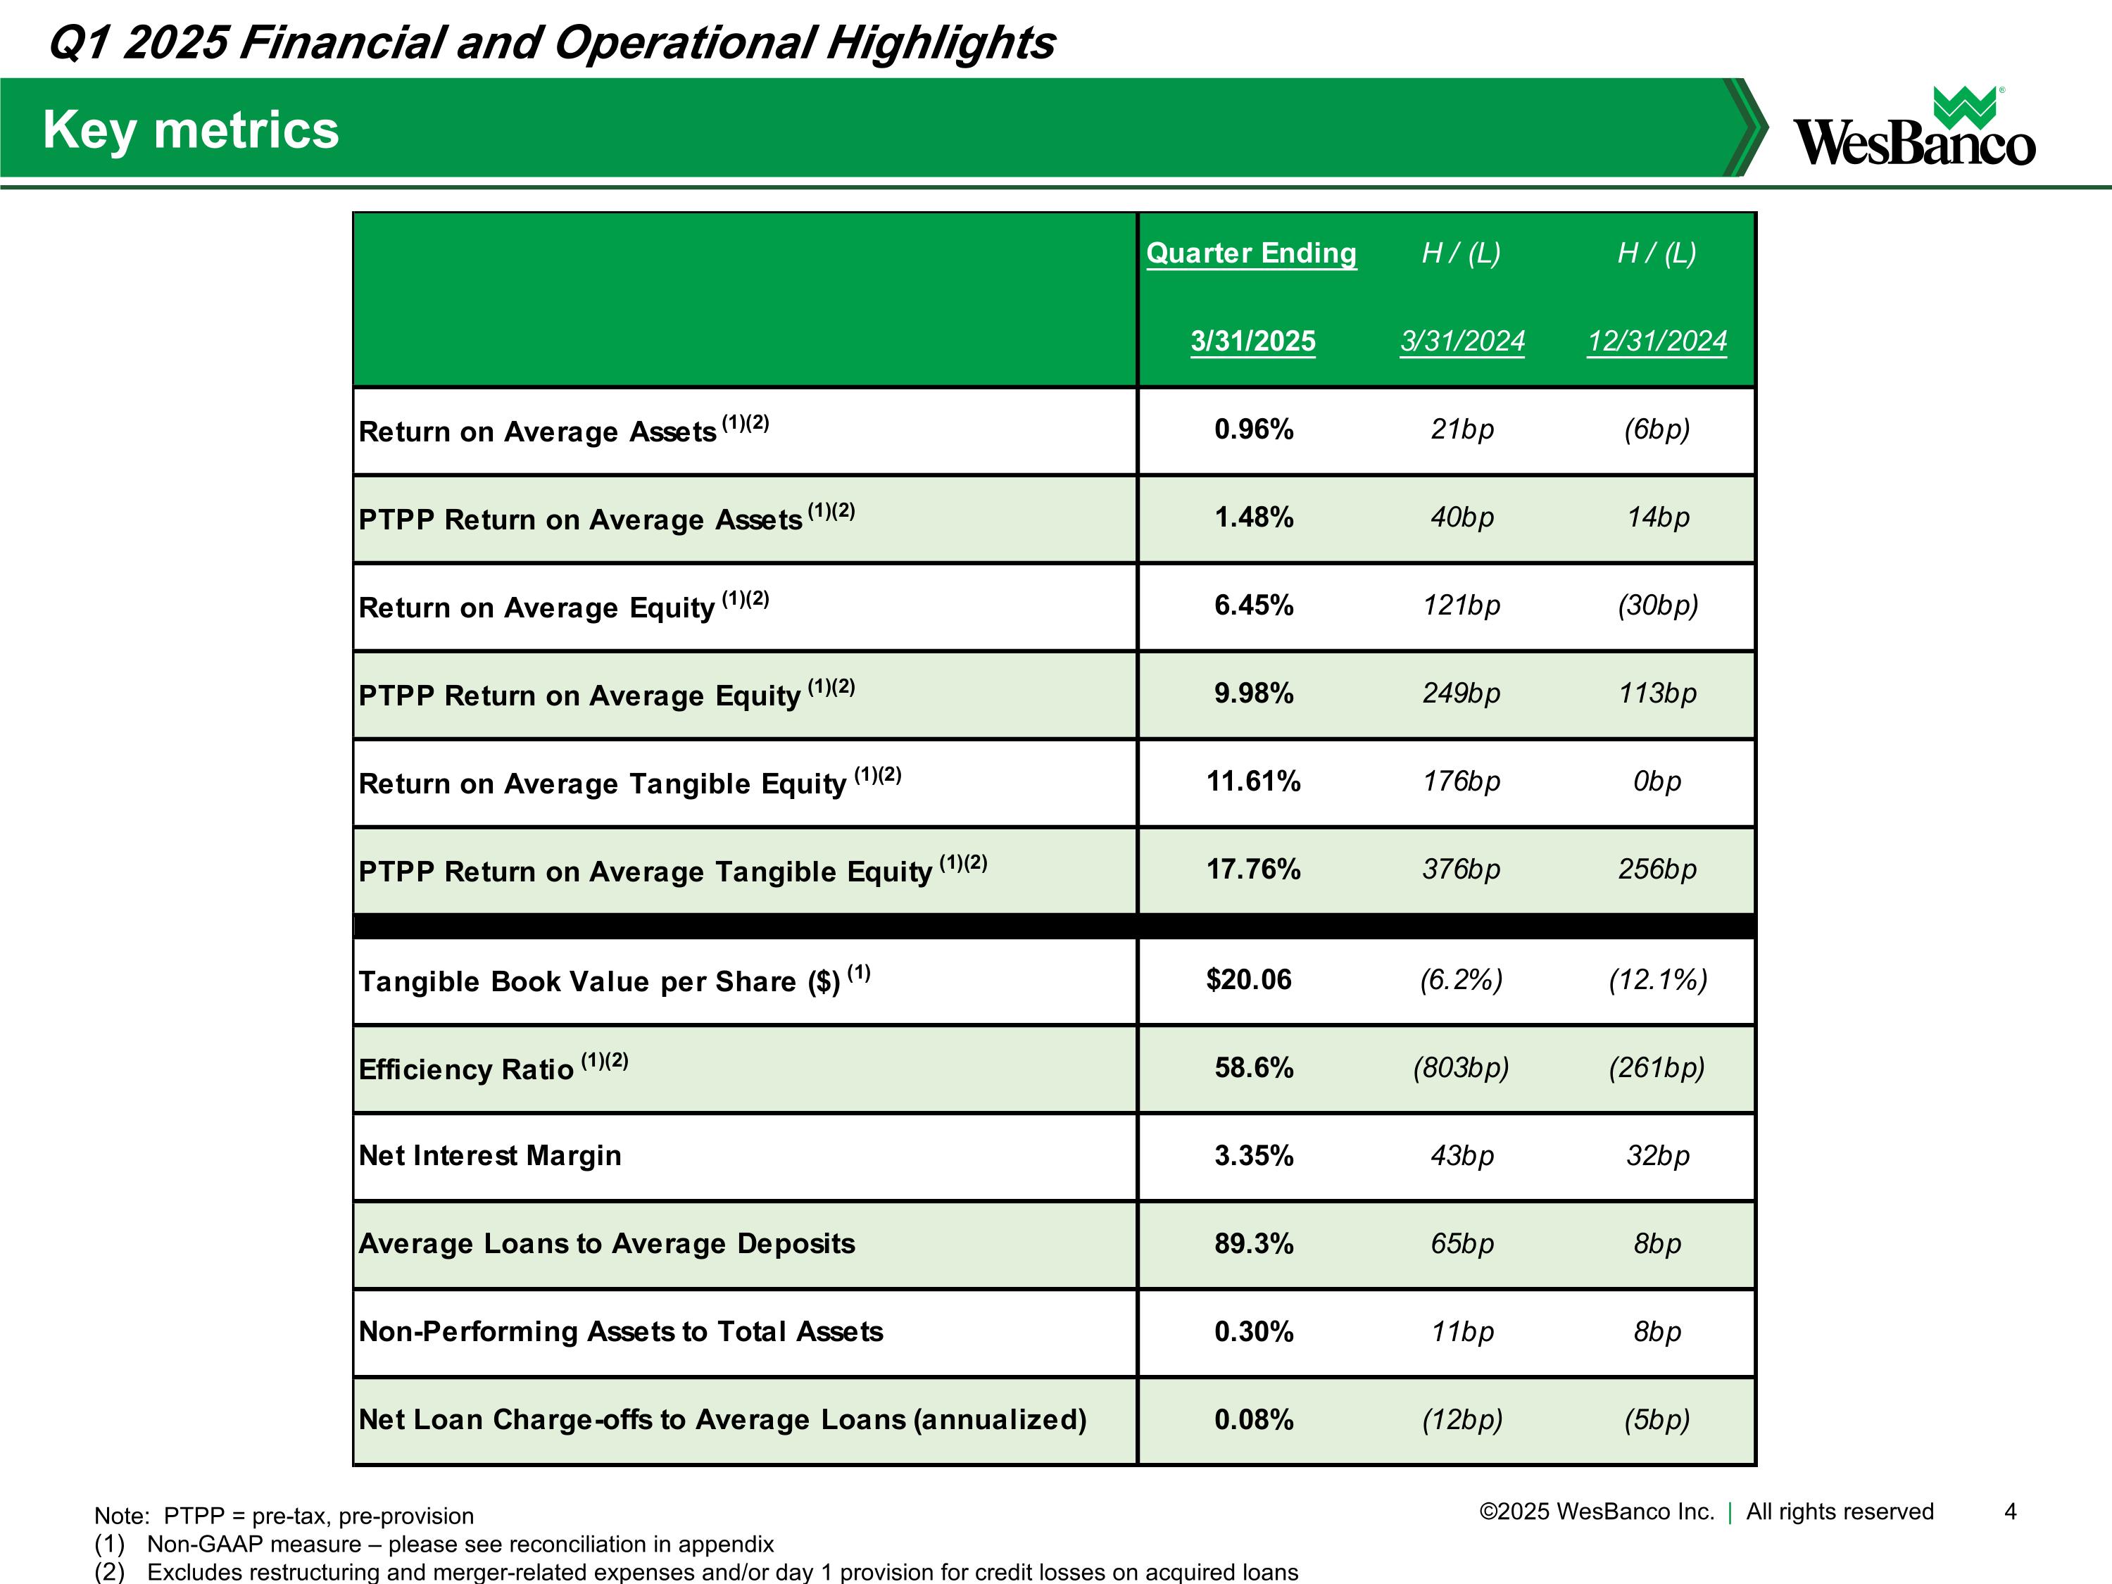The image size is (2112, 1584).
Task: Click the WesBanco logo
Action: (x=1913, y=129)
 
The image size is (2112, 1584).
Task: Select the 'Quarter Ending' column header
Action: (x=1251, y=253)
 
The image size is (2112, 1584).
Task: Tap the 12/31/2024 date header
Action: (x=1657, y=341)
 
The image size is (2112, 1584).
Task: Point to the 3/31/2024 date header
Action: (x=1462, y=341)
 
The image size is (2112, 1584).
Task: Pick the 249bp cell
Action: (x=1461, y=693)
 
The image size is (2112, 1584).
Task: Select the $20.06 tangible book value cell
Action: (x=1249, y=980)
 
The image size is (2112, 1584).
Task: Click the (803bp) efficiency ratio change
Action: (x=1461, y=1067)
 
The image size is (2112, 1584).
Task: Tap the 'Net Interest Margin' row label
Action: (x=490, y=1155)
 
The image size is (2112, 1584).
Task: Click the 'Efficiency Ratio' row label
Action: (x=466, y=1069)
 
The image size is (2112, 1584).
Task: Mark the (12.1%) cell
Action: (x=1657, y=980)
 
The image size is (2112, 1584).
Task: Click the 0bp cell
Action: (x=1657, y=781)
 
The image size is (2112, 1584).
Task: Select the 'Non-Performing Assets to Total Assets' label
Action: (x=621, y=1331)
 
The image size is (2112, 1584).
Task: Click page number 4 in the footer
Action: (x=2010, y=1511)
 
